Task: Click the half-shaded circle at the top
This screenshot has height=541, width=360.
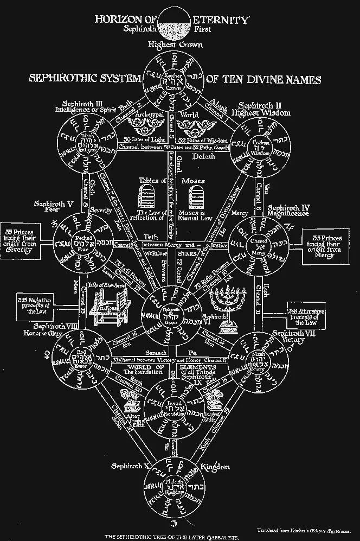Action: click(179, 24)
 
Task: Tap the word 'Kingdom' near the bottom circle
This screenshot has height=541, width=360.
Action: click(215, 466)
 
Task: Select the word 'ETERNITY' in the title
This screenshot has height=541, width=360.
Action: click(222, 20)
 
